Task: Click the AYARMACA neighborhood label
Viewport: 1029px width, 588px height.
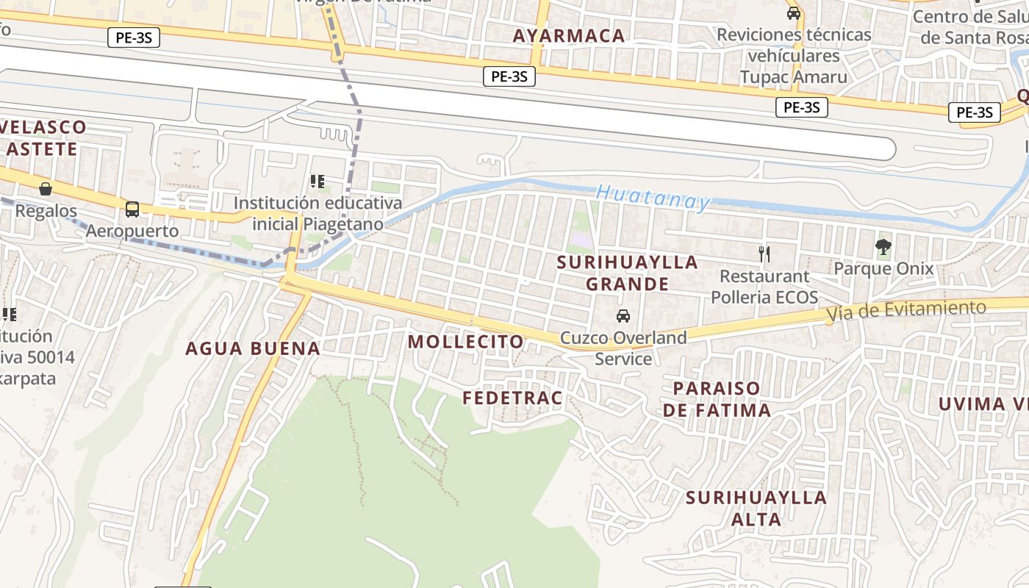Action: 569,35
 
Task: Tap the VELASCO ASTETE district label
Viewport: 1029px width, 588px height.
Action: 43,138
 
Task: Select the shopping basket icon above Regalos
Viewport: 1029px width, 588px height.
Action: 46,189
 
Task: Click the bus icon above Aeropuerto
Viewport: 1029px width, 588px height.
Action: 132,209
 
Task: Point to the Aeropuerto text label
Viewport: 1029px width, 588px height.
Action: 132,231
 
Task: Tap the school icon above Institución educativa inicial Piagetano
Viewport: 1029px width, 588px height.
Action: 318,181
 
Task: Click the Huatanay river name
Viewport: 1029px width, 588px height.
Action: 653,197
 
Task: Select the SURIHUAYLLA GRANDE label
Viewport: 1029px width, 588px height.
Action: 627,273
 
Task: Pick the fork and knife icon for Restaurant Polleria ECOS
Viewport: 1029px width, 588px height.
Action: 764,254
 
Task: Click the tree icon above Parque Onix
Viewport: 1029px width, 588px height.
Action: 883,246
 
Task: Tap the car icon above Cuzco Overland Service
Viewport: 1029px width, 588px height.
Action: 623,316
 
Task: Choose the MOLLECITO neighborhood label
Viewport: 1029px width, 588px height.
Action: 466,342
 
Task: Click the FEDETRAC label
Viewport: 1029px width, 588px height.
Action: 512,398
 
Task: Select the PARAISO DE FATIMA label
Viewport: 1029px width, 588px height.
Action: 717,398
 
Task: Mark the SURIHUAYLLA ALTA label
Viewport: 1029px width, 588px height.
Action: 756,508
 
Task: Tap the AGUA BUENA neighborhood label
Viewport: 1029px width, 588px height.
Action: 253,348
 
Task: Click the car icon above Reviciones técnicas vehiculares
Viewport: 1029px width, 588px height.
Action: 794,13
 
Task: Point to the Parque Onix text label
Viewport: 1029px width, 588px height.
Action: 883,268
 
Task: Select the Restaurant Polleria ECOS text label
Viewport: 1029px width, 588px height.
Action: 764,287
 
